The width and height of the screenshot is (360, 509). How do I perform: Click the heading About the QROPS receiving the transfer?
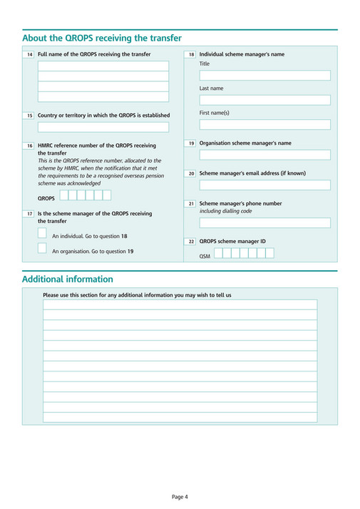[x=102, y=38]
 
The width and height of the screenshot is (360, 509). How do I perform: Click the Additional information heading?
[x=68, y=279]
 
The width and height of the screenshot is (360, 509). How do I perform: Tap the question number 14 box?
[x=29, y=55]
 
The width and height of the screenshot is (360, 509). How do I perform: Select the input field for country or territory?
[x=103, y=127]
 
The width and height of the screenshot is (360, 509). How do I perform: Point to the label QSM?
[x=205, y=255]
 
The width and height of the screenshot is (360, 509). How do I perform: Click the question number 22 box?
[x=191, y=242]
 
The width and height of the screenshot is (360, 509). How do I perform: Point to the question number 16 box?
[x=29, y=146]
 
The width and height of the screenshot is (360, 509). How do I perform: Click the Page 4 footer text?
[x=180, y=496]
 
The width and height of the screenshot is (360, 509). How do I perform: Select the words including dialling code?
[x=225, y=211]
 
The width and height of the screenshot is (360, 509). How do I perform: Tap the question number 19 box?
[x=191, y=144]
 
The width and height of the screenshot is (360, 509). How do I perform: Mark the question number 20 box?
[x=191, y=174]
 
